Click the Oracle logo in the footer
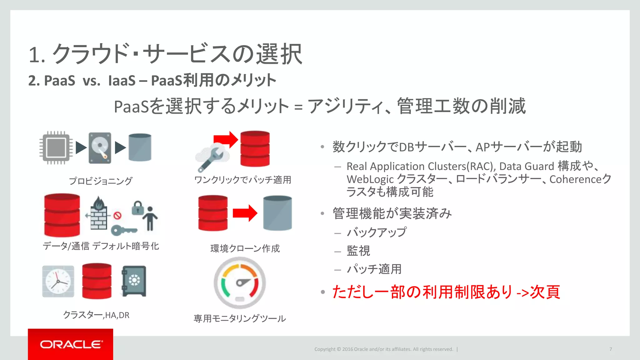[x=71, y=344]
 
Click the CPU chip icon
[x=56, y=147]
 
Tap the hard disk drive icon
[x=100, y=148]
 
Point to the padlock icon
[x=137, y=208]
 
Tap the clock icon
[x=58, y=281]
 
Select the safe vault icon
[x=134, y=281]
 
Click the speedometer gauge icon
[x=240, y=283]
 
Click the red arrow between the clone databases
[x=245, y=213]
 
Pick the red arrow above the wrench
[x=226, y=139]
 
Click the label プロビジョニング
[x=100, y=181]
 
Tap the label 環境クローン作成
[x=245, y=248]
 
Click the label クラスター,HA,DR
[x=96, y=315]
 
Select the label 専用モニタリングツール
[x=240, y=318]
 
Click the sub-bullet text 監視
[x=358, y=251]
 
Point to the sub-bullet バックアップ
[x=377, y=232]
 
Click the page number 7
[x=610, y=349]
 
